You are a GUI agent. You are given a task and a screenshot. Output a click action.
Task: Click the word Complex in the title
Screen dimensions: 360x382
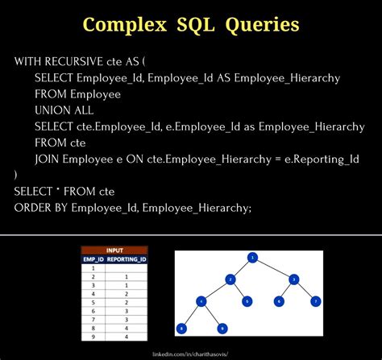tap(129, 25)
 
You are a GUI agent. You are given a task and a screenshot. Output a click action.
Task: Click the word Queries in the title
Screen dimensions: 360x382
tap(262, 25)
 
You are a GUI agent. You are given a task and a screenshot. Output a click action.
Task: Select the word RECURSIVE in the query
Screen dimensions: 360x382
tap(77, 62)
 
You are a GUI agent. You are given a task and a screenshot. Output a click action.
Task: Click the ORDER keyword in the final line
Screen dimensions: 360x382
tap(31, 208)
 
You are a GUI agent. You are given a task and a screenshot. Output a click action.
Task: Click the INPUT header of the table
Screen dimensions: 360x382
tap(114, 250)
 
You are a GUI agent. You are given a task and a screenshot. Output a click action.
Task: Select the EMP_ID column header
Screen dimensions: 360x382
tap(94, 259)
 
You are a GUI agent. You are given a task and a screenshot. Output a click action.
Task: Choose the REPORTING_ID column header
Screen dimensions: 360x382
tap(127, 259)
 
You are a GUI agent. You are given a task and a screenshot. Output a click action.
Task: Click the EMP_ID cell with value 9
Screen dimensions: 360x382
tap(94, 337)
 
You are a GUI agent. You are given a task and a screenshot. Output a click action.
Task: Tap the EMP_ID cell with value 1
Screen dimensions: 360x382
tap(94, 268)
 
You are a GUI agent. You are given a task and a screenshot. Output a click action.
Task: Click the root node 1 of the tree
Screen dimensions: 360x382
tap(252, 258)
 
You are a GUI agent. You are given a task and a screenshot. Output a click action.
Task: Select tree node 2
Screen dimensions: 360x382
tap(230, 279)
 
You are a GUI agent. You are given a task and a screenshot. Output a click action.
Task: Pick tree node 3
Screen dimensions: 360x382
tap(293, 279)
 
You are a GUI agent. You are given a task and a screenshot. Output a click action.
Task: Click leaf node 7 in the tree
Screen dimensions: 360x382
tap(316, 301)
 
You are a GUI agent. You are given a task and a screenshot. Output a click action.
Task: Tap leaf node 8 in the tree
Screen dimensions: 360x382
tap(182, 328)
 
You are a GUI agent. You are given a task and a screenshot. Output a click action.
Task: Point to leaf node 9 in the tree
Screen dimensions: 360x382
tap(222, 328)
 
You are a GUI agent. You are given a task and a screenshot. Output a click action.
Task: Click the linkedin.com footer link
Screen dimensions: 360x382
tap(190, 353)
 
